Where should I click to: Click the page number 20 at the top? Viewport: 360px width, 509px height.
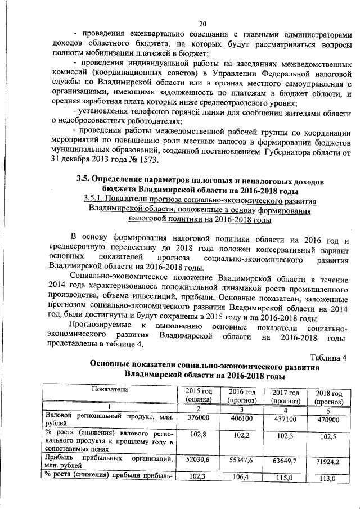[203, 23]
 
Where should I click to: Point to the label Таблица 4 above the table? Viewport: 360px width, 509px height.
[328, 358]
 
